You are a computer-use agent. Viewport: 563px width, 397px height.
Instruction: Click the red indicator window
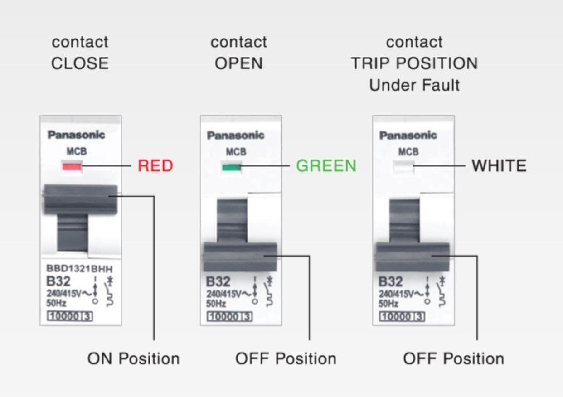pyautogui.click(x=72, y=166)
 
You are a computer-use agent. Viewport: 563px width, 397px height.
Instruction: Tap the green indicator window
pyautogui.click(x=232, y=167)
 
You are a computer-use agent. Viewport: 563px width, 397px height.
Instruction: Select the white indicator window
pyautogui.click(x=403, y=167)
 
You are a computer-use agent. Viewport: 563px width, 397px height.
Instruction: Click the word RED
pyautogui.click(x=155, y=165)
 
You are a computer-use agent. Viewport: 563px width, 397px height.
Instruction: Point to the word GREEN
pyautogui.click(x=326, y=165)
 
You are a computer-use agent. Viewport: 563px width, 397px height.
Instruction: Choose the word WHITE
pyautogui.click(x=499, y=165)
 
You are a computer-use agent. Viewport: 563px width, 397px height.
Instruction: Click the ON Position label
pyautogui.click(x=133, y=358)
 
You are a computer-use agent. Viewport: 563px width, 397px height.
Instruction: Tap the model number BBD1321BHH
pyautogui.click(x=79, y=269)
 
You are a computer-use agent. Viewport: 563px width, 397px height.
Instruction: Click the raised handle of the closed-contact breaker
pyautogui.click(x=80, y=199)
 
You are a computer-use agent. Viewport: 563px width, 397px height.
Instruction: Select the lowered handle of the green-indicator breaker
pyautogui.click(x=240, y=257)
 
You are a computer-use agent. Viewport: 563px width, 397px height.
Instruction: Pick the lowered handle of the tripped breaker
pyautogui.click(x=413, y=257)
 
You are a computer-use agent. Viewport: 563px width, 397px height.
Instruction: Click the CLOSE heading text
pyautogui.click(x=80, y=63)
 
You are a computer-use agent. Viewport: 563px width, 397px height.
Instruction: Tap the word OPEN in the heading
pyautogui.click(x=239, y=63)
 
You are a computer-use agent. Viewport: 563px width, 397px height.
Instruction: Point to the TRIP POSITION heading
pyautogui.click(x=414, y=63)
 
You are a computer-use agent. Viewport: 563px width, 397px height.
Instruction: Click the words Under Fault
pyautogui.click(x=414, y=85)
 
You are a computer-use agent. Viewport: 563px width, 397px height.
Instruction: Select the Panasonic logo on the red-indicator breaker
pyautogui.click(x=76, y=135)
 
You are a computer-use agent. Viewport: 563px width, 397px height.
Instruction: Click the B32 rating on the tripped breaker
pyautogui.click(x=390, y=281)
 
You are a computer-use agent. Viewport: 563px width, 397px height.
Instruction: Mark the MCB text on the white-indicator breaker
pyautogui.click(x=408, y=151)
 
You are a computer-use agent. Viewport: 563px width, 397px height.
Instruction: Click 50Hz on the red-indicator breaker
pyautogui.click(x=56, y=303)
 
